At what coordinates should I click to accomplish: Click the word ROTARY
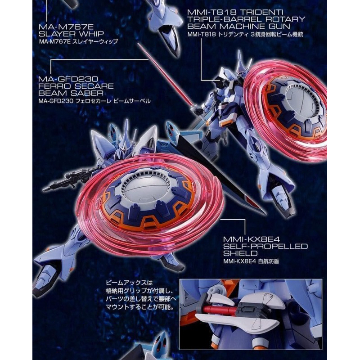285,19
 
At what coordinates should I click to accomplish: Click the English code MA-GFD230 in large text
68,79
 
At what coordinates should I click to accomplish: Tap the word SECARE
94,86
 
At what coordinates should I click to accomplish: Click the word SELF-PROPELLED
265,247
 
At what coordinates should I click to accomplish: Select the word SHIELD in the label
240,254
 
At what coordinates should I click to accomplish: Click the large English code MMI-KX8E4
252,239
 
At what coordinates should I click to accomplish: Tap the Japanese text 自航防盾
268,261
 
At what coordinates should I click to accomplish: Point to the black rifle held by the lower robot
67,180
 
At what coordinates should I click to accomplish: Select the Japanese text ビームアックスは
129,283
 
